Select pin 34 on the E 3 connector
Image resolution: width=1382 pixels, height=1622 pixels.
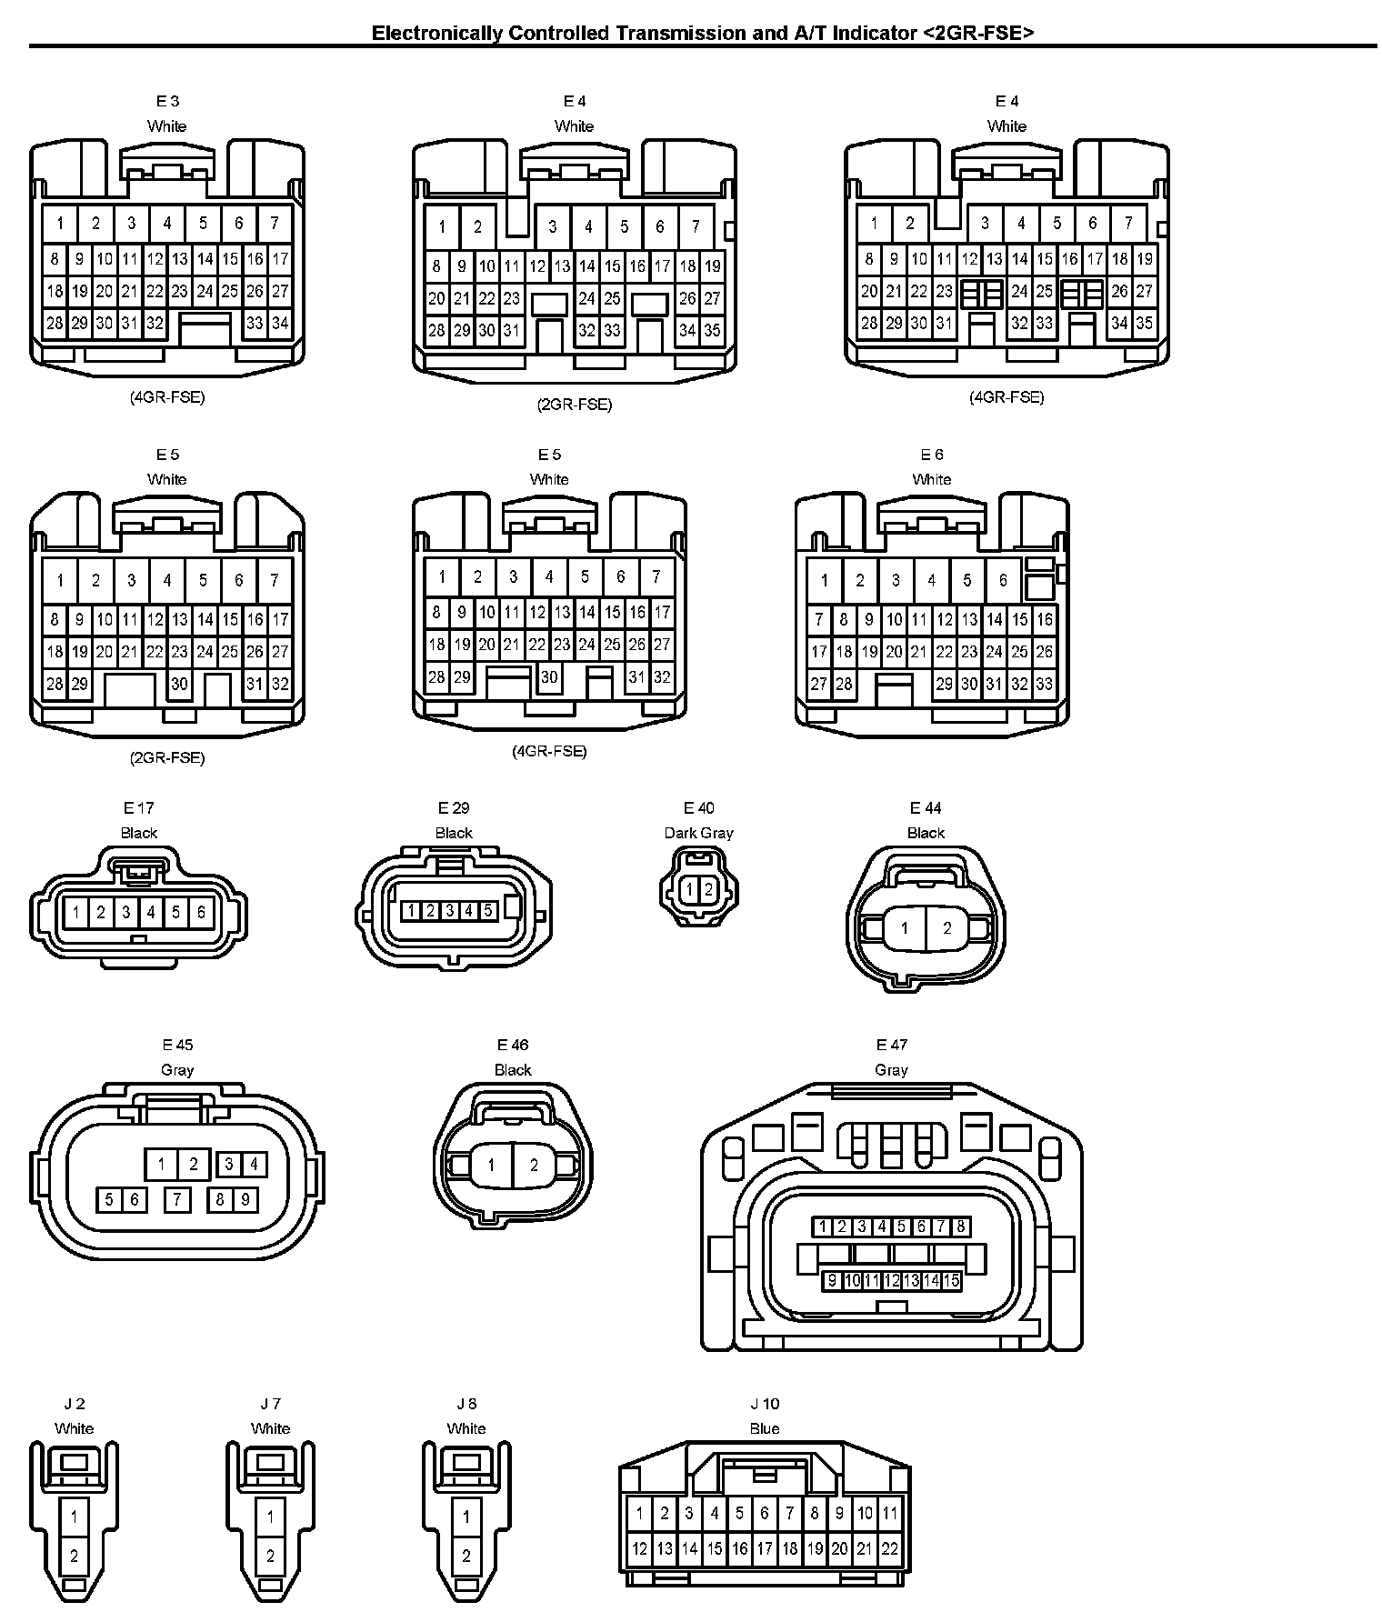click(x=280, y=323)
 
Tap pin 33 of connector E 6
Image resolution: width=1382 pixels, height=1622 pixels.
click(x=1045, y=684)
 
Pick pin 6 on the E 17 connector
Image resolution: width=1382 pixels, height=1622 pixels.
click(x=201, y=912)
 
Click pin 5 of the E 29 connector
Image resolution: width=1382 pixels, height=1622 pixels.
click(x=487, y=910)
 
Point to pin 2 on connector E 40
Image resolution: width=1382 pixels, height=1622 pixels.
click(x=708, y=890)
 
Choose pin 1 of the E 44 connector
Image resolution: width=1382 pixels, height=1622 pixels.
click(x=904, y=928)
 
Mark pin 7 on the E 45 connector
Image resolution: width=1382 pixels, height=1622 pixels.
click(x=177, y=1199)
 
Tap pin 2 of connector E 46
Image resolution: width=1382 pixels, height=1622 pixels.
click(x=534, y=1165)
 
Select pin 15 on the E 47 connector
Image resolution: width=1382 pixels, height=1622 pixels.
click(x=951, y=1281)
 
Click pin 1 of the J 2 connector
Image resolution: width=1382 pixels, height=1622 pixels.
click(x=75, y=1517)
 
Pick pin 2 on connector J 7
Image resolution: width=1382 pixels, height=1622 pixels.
click(x=270, y=1556)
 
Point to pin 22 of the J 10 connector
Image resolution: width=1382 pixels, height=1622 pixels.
click(x=890, y=1548)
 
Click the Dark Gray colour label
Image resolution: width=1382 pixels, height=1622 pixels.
click(x=698, y=833)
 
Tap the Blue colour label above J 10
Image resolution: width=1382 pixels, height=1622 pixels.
click(x=765, y=1428)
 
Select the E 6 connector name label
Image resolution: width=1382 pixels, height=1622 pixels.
click(x=932, y=455)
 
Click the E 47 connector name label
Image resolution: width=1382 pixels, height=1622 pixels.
click(x=891, y=1045)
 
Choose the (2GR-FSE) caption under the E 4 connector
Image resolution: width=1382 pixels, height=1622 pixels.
click(x=575, y=405)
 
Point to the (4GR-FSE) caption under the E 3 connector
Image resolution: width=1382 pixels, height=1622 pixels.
click(x=167, y=397)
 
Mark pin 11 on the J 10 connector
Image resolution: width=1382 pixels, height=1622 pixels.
click(x=890, y=1513)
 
